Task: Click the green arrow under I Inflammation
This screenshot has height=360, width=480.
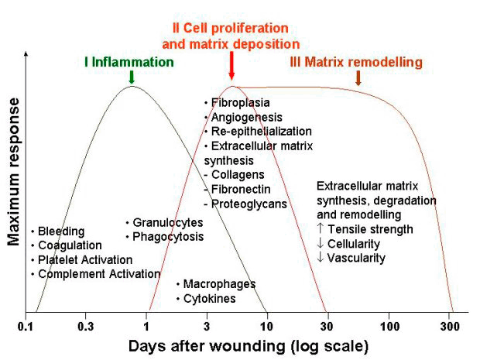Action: point(132,77)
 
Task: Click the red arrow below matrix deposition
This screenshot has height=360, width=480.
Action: point(231,66)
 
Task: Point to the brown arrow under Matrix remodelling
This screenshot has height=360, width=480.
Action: point(358,78)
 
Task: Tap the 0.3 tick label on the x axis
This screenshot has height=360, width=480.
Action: point(86,327)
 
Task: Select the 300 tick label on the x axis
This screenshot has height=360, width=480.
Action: point(450,327)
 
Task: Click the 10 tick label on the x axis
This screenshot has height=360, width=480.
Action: point(266,327)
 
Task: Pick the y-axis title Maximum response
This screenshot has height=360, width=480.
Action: point(13,172)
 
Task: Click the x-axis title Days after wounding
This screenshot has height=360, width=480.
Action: point(207,346)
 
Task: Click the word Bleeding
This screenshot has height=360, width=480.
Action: point(61,231)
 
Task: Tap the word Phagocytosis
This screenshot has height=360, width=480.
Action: point(168,237)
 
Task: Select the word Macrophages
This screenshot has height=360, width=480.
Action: point(220,284)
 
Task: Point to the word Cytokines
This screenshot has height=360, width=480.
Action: point(210,299)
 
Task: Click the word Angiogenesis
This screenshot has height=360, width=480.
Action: point(247,117)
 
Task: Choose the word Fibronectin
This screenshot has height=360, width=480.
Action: point(241,189)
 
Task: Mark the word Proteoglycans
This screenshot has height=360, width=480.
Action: point(249,204)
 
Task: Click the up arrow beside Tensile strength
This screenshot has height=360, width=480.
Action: point(321,228)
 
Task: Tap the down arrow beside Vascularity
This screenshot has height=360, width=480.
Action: point(321,257)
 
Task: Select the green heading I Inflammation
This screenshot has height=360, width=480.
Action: point(129,62)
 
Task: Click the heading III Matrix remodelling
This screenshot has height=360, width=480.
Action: point(356,62)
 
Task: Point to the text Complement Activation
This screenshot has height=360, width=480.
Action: point(99,274)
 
